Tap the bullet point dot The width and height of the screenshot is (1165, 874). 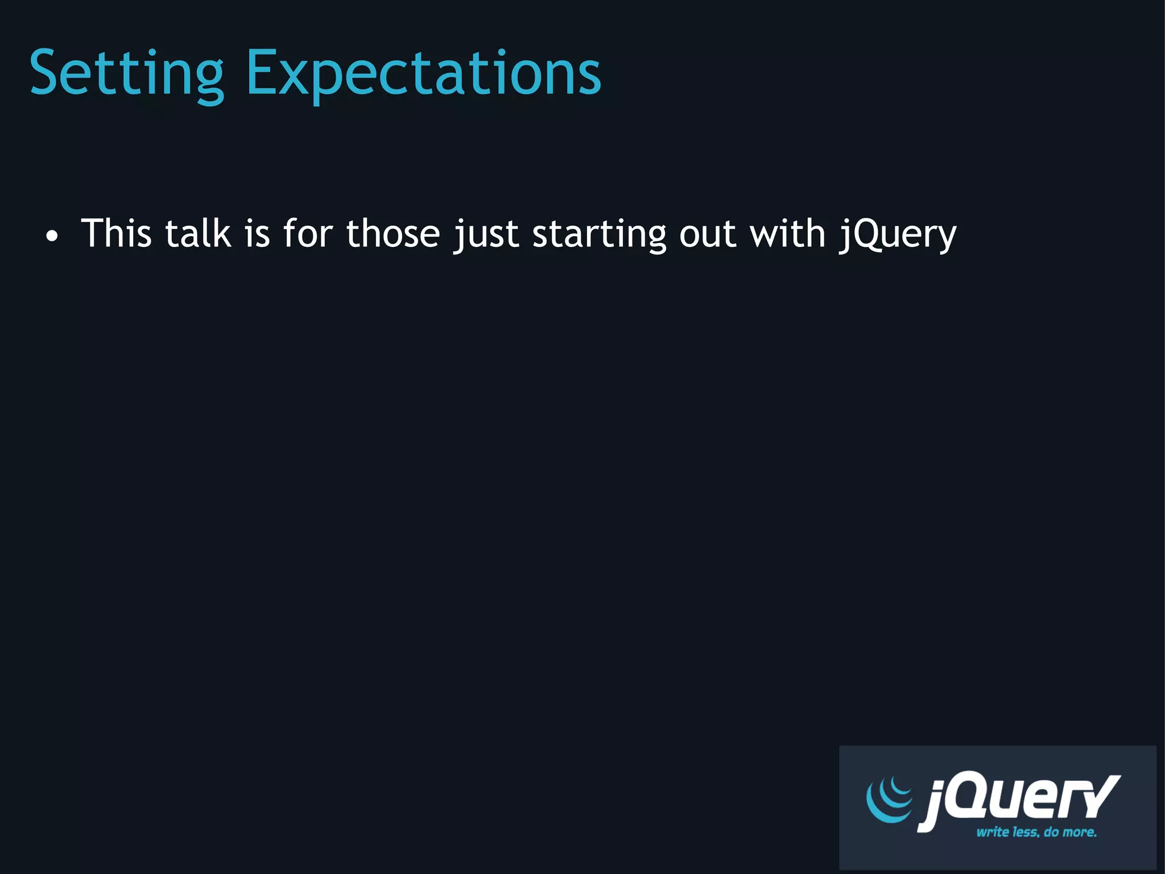coord(52,236)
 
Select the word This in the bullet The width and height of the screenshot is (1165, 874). coord(116,233)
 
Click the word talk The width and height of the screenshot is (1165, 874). coord(197,233)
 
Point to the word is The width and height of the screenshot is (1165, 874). coord(257,233)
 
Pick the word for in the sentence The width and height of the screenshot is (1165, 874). coord(308,233)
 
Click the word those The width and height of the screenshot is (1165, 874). coord(393,233)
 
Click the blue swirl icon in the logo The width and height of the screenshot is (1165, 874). coord(889,799)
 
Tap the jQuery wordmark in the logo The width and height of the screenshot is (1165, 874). coord(1018,799)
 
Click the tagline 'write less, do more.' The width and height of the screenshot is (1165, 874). coord(1036,832)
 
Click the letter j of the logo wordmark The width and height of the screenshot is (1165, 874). coord(931,802)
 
